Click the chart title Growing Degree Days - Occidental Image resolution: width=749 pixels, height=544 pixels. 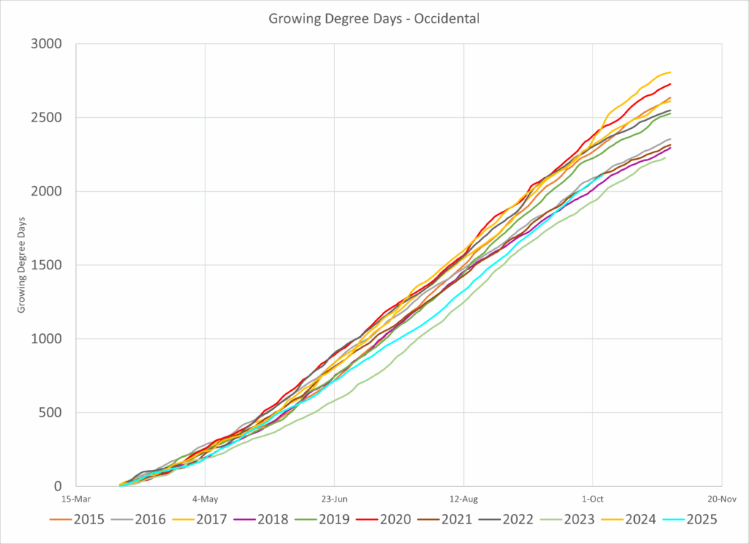point(374,19)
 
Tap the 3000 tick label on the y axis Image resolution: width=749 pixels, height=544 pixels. point(47,44)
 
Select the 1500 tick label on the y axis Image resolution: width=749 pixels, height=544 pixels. point(47,265)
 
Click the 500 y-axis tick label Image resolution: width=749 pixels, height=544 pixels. point(50,412)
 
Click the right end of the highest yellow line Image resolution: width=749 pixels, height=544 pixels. point(671,72)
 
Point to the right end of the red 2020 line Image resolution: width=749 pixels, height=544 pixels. point(671,83)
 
